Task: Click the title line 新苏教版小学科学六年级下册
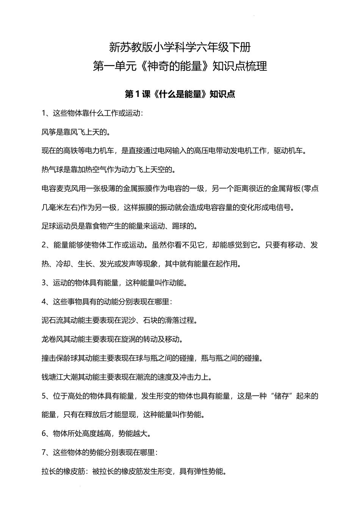180,47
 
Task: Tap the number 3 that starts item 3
44,283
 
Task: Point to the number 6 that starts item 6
44,434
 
